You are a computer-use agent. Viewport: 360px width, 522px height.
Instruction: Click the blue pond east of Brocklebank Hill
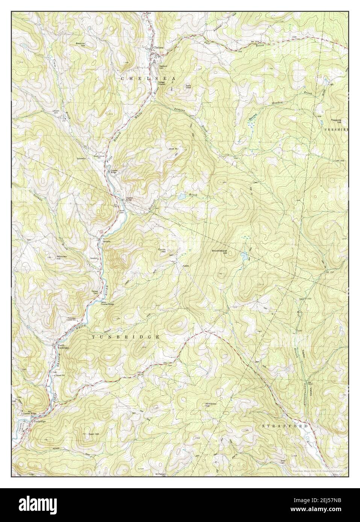click(x=244, y=257)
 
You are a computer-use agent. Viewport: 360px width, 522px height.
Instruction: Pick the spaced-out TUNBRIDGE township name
click(x=126, y=337)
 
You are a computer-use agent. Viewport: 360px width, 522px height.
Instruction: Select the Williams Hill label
click(x=211, y=406)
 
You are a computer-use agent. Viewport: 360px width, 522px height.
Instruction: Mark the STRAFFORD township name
click(x=284, y=426)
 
